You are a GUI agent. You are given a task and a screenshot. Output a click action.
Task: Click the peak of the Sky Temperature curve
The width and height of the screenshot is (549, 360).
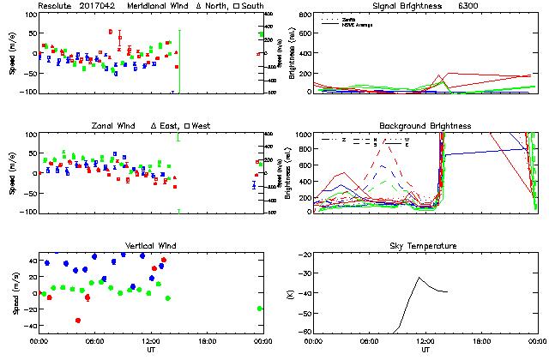[419, 277]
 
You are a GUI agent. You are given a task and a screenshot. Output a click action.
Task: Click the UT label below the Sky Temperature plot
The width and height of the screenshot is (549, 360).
[425, 350]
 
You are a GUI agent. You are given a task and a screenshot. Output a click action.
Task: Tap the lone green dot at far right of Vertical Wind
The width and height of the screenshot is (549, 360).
[260, 309]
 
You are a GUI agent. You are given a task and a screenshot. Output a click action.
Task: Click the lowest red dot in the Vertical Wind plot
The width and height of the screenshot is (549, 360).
[78, 321]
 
